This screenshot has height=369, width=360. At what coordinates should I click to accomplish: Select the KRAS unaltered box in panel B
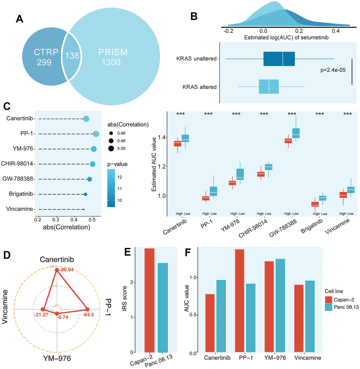click(x=279, y=59)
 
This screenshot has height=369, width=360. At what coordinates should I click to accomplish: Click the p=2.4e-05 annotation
click(x=331, y=70)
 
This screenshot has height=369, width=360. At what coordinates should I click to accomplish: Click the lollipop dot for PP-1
click(x=96, y=134)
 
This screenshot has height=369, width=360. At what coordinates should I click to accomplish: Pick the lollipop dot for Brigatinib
click(x=85, y=194)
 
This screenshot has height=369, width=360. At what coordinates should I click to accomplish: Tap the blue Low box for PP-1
click(x=214, y=191)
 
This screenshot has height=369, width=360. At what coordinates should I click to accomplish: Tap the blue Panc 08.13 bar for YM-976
click(x=280, y=306)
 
